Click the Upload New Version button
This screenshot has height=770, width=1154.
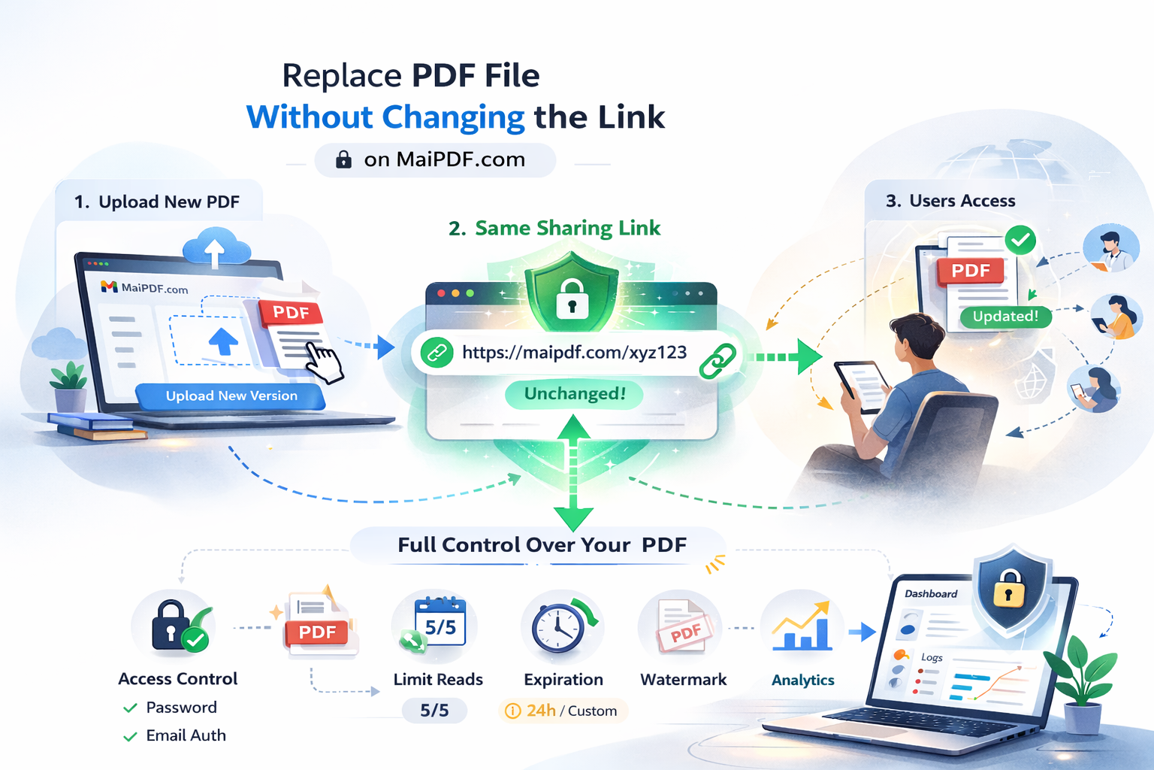[231, 396]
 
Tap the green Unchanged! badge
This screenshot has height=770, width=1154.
[574, 394]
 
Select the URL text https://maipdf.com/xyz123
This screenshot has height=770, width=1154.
[574, 353]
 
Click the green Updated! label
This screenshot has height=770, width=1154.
[1005, 317]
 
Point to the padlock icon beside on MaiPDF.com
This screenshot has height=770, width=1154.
[343, 159]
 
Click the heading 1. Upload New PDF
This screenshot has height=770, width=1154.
[157, 202]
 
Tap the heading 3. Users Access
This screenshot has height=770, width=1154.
[950, 201]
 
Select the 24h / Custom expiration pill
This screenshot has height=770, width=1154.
[563, 711]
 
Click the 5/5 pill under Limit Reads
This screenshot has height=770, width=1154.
[434, 711]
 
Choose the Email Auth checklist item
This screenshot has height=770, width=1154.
[185, 735]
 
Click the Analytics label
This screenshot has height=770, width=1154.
[802, 680]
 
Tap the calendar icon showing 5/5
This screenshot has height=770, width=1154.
[440, 622]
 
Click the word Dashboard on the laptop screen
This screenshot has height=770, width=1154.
[931, 593]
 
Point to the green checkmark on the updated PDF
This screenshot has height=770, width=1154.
[1020, 240]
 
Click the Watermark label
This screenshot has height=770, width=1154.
[683, 680]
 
